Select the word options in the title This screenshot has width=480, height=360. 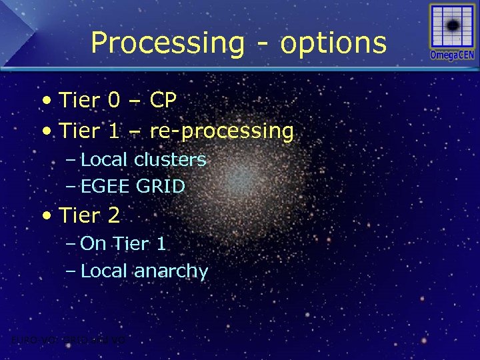coord(333,43)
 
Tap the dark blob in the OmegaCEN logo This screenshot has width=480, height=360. coord(452,26)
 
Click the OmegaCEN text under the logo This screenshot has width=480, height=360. coord(452,55)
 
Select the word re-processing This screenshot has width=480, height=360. coord(221,131)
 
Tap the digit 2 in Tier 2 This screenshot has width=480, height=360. coord(114,215)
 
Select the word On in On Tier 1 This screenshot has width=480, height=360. coord(93,243)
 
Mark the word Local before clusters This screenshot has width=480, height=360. coord(105,160)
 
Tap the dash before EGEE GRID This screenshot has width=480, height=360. coord(71,187)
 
